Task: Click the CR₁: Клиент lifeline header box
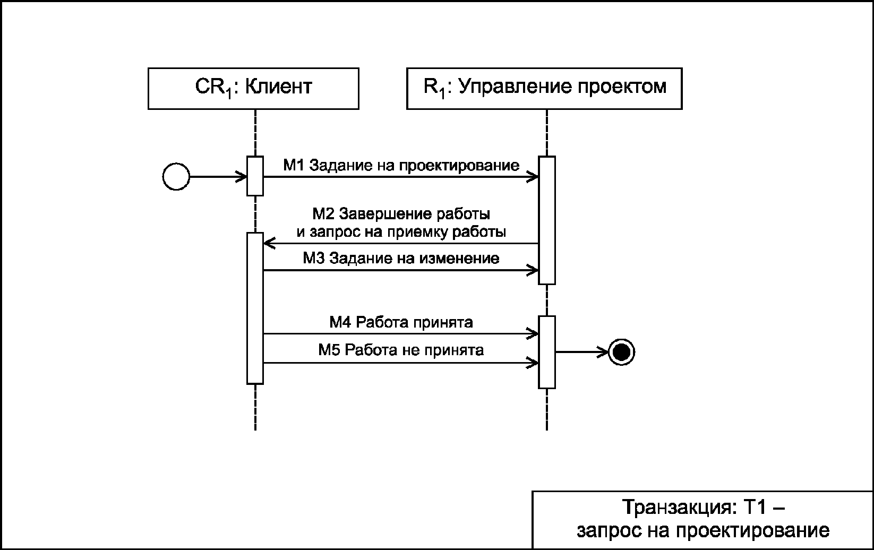[x=253, y=89]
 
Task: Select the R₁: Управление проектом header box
[x=544, y=89]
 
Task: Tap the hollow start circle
[x=176, y=177]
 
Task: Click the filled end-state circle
[x=622, y=352]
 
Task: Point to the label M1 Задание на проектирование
[x=401, y=166]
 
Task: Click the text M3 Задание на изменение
[x=401, y=258]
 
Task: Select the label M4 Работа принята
[x=401, y=322]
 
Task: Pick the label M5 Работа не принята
[x=401, y=350]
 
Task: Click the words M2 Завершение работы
[x=401, y=214]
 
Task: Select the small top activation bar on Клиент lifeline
[x=255, y=176]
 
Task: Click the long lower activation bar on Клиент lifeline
[x=255, y=308]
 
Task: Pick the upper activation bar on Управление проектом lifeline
[x=547, y=220]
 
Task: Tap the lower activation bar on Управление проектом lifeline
[x=547, y=352]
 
